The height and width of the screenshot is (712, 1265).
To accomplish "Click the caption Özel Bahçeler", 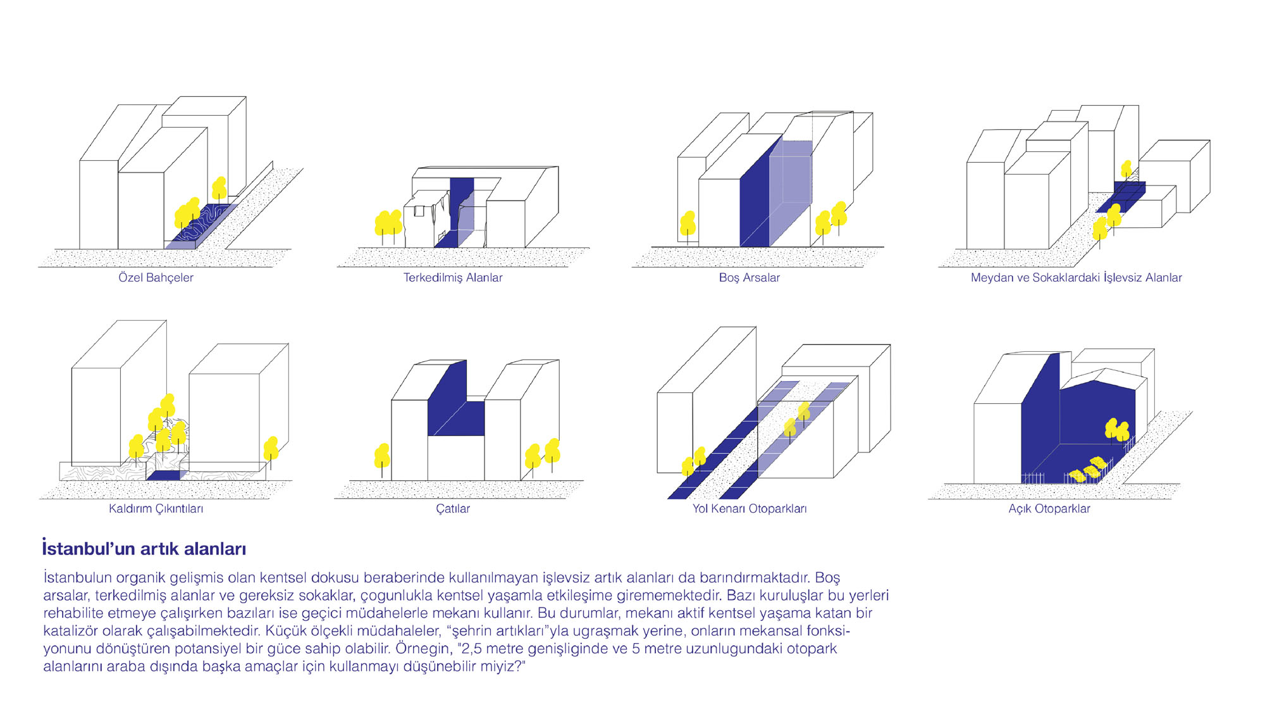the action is click(x=156, y=278).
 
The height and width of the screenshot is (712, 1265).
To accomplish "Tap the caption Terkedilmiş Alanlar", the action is click(x=453, y=278).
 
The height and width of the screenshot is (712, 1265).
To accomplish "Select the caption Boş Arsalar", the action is click(x=749, y=278).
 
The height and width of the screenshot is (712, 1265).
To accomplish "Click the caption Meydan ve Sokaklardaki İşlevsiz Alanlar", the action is click(x=1076, y=277).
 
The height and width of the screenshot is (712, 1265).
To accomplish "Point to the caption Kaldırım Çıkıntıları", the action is click(x=156, y=509).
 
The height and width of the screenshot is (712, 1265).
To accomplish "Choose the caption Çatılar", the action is click(x=452, y=509).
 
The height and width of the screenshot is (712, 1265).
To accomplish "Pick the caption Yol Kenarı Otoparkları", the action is click(x=749, y=509).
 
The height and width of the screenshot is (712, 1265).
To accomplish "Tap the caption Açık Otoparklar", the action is click(x=1049, y=509).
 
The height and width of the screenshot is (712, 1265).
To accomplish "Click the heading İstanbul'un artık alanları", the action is click(x=144, y=548).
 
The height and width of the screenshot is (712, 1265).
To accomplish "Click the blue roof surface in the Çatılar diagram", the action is click(x=455, y=405).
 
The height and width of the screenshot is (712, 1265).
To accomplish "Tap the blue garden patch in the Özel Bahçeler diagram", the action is click(x=202, y=225).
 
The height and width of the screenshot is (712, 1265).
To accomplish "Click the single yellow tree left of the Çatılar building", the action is click(x=382, y=458).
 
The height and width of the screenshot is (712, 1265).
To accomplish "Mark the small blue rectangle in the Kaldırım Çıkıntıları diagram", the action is click(x=163, y=475).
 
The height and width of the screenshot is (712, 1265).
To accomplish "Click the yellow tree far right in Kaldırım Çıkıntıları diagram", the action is click(x=271, y=451).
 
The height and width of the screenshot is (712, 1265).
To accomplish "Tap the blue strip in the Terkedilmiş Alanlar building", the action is click(x=461, y=212).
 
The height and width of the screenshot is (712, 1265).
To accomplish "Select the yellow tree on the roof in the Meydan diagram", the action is click(x=1126, y=169).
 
